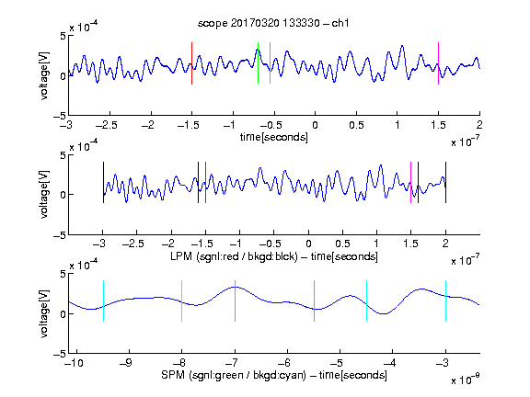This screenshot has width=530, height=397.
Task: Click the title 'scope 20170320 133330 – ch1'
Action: point(273,23)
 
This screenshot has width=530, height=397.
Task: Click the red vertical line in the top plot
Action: point(191,63)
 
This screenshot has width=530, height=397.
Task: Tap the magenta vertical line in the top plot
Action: point(438,63)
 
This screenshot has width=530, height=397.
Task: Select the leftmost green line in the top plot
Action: point(258,62)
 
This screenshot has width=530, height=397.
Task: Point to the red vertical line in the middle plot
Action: point(205,182)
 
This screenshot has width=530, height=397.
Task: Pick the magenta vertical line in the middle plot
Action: point(410,182)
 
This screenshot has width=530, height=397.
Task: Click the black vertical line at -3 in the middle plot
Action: point(103,182)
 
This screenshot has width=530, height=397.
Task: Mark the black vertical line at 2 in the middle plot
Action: point(445,182)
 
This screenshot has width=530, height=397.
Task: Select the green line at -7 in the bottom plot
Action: point(235,301)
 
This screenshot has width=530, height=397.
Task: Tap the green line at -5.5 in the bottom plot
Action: point(314,301)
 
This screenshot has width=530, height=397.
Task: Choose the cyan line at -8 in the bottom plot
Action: point(182,301)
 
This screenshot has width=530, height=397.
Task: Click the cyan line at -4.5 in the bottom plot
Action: point(367,301)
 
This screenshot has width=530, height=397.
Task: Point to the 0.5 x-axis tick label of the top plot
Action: point(356,125)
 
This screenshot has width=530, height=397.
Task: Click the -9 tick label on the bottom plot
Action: point(126,363)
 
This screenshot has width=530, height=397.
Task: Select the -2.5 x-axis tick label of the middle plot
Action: point(133,244)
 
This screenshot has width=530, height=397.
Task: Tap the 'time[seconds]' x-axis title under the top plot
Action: point(274,138)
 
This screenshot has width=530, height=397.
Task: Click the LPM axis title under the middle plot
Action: point(274,256)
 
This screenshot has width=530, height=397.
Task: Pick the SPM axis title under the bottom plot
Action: point(274,375)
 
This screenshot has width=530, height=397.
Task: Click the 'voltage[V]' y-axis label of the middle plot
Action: point(44,195)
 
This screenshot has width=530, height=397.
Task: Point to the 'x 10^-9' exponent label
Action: point(465,380)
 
